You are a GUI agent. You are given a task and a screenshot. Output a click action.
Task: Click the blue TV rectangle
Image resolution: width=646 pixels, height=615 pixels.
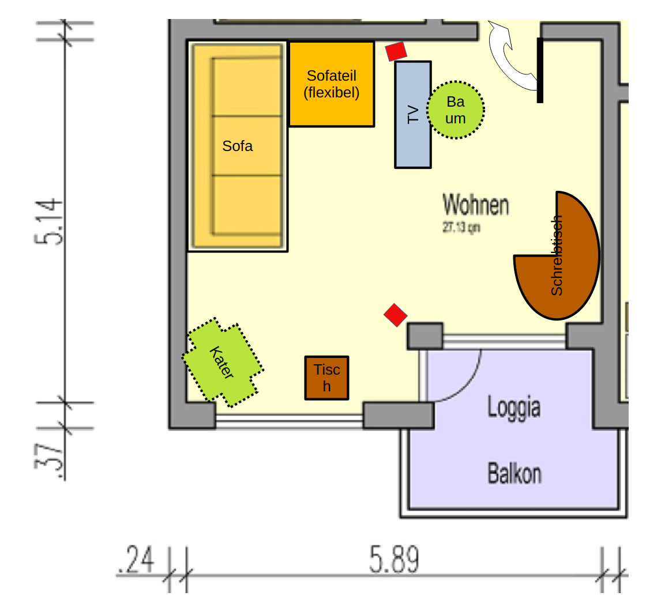(413, 138)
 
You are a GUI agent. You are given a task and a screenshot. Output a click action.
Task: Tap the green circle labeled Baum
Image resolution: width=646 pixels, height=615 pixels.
(456, 110)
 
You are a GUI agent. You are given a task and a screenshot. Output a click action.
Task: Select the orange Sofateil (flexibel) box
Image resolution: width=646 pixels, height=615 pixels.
(332, 84)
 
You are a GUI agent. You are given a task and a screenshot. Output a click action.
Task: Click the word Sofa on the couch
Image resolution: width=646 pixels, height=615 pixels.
(238, 146)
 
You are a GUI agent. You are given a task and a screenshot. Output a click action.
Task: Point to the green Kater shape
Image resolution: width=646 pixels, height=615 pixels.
(222, 363)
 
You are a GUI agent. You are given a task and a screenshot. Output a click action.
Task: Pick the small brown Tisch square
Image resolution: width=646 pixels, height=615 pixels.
(327, 378)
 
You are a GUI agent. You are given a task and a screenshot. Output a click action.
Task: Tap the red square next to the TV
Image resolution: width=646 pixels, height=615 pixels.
(396, 51)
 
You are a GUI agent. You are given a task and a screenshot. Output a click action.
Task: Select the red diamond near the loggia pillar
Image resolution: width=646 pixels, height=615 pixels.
(396, 315)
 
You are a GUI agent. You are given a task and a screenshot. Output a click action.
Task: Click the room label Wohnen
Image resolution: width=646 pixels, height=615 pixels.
(476, 205)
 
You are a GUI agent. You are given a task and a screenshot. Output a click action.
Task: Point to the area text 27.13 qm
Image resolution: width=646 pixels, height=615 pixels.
(461, 228)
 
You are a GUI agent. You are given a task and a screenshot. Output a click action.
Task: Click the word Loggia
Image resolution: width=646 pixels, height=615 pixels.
(514, 407)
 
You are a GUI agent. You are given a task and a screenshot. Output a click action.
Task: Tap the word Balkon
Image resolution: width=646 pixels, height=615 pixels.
(514, 474)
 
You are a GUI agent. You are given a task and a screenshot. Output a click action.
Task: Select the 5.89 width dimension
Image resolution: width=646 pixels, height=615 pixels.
(395, 560)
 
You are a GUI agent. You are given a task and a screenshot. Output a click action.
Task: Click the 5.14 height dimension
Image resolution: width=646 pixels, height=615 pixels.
(48, 222)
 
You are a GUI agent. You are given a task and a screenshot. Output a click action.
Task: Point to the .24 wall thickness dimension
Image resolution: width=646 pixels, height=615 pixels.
(136, 561)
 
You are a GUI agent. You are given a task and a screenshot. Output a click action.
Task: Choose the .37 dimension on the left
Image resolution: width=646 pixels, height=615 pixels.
(48, 455)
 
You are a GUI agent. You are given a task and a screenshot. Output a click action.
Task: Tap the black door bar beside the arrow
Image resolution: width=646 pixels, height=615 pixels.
(540, 70)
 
